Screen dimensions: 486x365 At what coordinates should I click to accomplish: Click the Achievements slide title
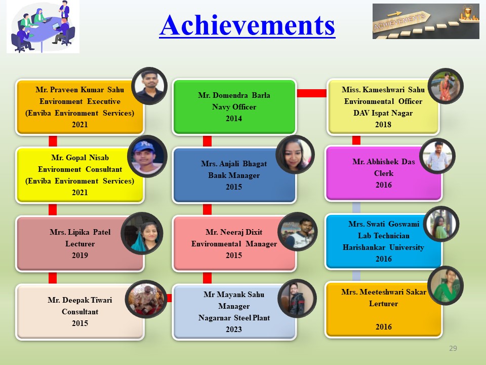tap(247, 26)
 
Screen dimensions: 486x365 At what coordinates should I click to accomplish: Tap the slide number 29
tap(453, 348)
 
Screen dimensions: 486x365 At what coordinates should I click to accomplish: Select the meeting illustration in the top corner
tap(43, 26)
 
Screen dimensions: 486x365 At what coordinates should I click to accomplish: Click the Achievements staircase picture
tap(426, 21)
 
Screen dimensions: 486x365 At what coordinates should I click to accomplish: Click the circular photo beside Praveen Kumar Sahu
tap(149, 86)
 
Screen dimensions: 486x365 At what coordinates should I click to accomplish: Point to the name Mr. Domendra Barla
tap(234, 95)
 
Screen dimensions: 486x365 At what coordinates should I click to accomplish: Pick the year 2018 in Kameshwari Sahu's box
tap(383, 125)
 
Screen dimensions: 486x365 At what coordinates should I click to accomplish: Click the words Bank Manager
tap(234, 175)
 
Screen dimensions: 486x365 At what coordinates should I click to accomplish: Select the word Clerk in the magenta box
tap(384, 173)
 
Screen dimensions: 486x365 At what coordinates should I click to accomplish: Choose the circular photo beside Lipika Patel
tap(142, 233)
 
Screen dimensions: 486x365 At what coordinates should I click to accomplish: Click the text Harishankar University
tap(383, 247)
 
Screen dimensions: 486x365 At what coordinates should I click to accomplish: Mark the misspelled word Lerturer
tap(383, 304)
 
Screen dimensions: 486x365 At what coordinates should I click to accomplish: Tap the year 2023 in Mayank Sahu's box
tap(234, 330)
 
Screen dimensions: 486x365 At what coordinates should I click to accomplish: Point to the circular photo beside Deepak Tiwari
tap(146, 299)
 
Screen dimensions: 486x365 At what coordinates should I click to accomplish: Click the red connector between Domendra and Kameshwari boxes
tap(311, 93)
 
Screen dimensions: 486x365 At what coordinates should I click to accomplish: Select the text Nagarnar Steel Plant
tap(234, 318)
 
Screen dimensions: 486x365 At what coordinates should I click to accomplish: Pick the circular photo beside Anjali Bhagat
tap(295, 155)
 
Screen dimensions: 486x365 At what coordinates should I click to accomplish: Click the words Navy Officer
tap(234, 107)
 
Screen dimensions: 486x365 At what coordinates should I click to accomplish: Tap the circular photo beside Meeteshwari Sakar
tap(445, 285)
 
